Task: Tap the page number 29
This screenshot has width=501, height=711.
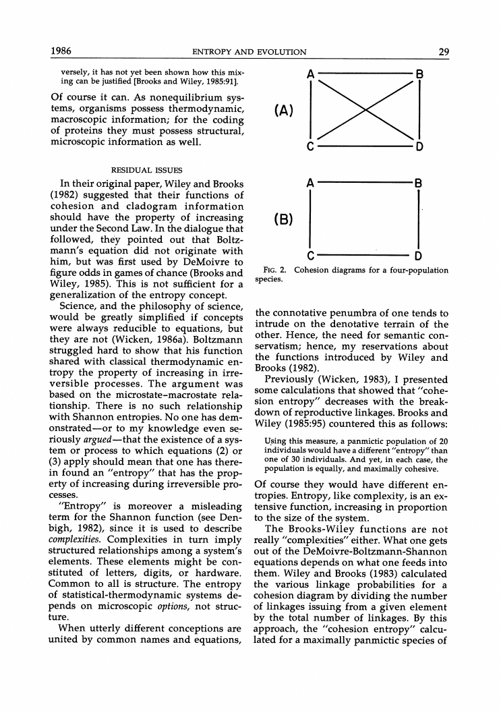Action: click(x=443, y=52)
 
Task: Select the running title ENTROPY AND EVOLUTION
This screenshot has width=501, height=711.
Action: click(x=249, y=53)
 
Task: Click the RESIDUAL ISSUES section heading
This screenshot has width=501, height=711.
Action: click(x=146, y=170)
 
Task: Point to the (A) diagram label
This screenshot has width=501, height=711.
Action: click(x=283, y=110)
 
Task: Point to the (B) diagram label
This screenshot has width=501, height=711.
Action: click(x=283, y=220)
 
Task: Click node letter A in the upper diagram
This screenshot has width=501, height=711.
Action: click(x=310, y=74)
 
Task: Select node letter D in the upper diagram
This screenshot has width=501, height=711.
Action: click(x=419, y=146)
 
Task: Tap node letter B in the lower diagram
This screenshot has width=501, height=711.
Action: click(x=419, y=183)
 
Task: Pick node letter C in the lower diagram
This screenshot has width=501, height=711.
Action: click(x=310, y=256)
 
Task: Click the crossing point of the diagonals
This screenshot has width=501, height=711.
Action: click(x=364, y=110)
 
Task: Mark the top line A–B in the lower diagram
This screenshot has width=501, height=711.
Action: click(x=364, y=183)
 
